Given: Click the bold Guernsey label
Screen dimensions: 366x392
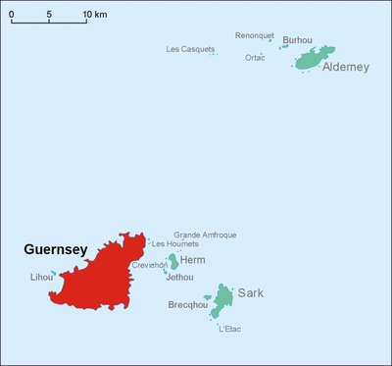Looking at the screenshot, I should [56, 250].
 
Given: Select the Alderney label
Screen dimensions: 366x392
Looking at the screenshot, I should [345, 68].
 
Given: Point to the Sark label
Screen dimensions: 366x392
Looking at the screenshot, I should [251, 292].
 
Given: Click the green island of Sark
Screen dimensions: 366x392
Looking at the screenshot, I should [224, 294].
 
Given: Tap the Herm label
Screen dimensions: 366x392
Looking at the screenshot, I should [193, 260].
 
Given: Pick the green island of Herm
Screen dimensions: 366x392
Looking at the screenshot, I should [173, 261].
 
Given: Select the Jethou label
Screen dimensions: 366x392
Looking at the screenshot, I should [179, 278].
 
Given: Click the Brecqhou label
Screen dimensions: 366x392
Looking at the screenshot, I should [187, 305].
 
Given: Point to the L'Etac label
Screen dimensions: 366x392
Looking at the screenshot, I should [229, 329].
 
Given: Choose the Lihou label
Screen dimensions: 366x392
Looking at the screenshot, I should [42, 278].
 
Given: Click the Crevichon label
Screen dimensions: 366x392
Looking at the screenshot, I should [150, 265].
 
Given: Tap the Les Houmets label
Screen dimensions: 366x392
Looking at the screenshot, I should [174, 243].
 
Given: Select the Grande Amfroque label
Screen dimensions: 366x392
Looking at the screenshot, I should [205, 235].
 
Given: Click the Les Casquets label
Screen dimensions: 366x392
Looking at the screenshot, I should [190, 49].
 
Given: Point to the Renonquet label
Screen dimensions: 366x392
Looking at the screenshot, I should [255, 35].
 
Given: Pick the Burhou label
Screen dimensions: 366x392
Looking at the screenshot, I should [297, 40].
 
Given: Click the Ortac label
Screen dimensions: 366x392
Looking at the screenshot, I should [255, 58].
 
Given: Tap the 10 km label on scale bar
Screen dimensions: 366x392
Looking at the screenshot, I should [95, 15].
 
